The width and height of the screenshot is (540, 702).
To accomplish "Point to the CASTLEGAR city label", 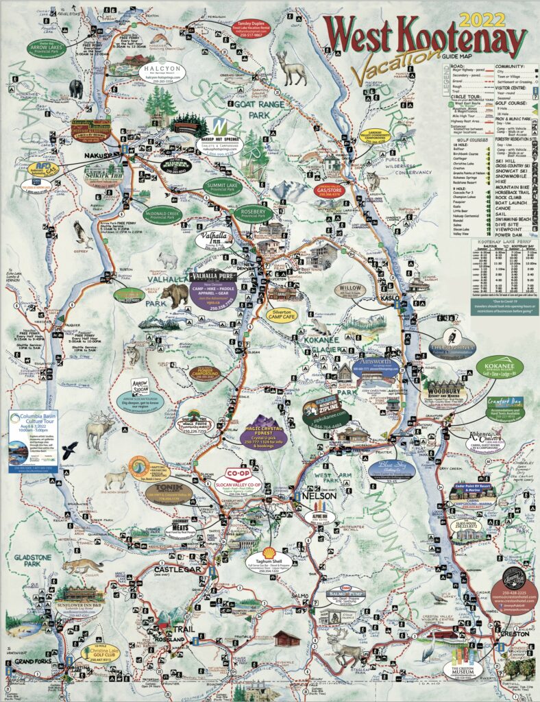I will pos(175,569).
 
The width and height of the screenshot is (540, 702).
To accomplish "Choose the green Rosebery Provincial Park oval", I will pos(254,213).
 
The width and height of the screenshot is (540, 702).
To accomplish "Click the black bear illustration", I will pos(75,89).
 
